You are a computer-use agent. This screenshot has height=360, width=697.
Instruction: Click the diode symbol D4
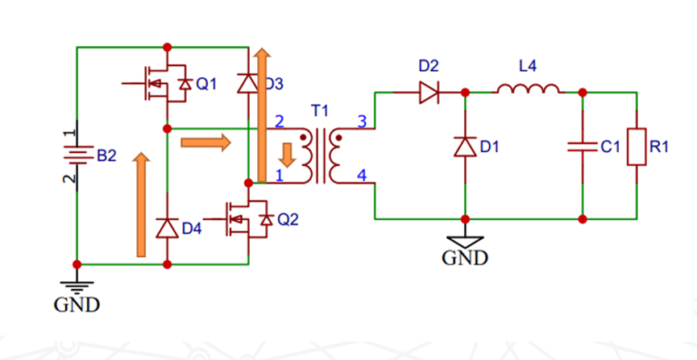[x=167, y=229]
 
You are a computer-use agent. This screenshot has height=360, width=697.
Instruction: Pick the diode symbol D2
[x=428, y=93]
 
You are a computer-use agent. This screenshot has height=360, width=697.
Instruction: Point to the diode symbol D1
[x=465, y=147]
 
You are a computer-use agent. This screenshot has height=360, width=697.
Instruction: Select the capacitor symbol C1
[x=582, y=147]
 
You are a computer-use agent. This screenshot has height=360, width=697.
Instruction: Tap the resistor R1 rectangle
[x=637, y=147]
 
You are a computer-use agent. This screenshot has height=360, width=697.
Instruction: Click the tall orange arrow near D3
[x=261, y=113]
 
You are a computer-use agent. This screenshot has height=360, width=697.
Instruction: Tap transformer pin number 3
[x=362, y=122]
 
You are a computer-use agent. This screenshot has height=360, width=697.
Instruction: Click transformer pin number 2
[x=280, y=122]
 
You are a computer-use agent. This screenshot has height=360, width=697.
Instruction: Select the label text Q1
[x=206, y=84]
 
